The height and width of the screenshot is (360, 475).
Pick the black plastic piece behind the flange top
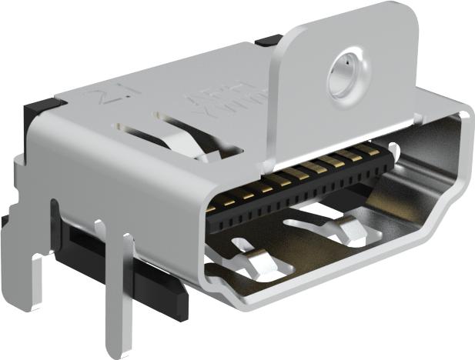[269, 40]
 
